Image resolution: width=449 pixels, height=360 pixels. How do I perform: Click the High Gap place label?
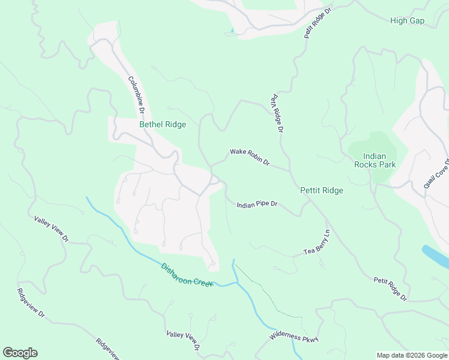(407, 21)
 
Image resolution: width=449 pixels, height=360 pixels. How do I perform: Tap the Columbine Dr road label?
(136, 95)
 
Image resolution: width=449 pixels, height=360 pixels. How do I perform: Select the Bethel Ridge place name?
(163, 125)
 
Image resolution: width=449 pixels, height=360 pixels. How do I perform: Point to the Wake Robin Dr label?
(250, 158)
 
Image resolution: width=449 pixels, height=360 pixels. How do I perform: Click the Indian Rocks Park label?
(370, 160)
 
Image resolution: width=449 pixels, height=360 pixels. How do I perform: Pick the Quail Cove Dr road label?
(436, 174)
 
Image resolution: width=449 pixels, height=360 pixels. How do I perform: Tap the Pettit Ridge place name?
(322, 191)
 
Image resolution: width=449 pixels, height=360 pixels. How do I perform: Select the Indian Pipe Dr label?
(257, 205)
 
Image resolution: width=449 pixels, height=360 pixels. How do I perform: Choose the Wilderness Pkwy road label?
(294, 332)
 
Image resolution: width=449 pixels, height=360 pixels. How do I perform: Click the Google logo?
(20, 353)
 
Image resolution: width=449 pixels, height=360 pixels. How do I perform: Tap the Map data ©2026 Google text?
(411, 355)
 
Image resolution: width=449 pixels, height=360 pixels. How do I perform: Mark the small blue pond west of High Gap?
(232, 31)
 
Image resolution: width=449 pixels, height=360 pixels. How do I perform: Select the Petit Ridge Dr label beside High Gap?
(318, 23)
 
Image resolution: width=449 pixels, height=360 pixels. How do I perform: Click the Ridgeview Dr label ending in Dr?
(31, 303)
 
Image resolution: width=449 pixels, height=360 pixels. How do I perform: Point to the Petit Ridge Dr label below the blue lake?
(390, 289)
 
